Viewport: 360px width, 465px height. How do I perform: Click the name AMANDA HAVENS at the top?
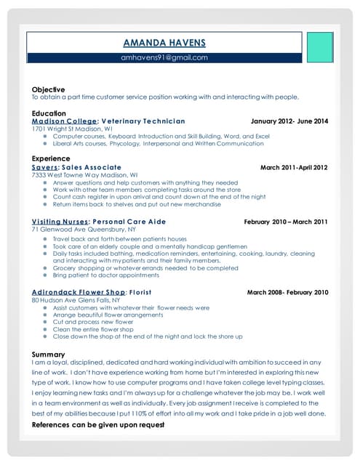coord(164,42)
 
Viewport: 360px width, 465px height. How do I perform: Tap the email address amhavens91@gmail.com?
coord(164,58)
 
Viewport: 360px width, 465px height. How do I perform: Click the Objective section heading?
coord(48,89)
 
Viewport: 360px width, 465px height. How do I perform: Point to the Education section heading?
coord(49,113)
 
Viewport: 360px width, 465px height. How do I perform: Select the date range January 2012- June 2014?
coord(289,121)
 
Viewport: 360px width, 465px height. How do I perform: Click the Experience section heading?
coord(51,158)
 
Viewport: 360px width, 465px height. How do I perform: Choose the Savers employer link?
coord(45,167)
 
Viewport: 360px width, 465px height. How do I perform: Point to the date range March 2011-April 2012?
coord(294,167)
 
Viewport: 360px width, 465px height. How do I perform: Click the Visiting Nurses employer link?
coord(59,222)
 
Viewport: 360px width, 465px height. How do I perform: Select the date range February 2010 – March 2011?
coord(286,222)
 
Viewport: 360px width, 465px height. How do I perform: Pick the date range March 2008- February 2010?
coord(288,292)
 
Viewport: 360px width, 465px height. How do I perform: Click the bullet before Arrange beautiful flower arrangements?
coord(45,315)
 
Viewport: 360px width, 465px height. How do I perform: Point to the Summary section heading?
coord(49,354)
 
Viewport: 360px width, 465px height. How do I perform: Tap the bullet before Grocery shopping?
coord(45,268)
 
